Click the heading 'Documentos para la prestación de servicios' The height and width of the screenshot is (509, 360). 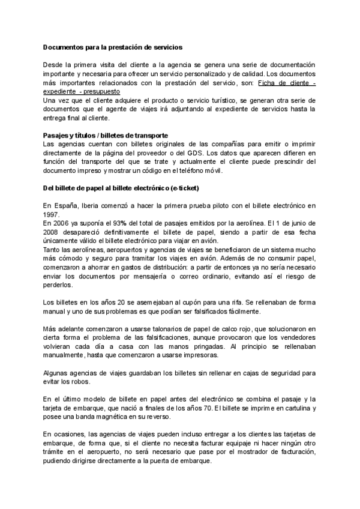113,46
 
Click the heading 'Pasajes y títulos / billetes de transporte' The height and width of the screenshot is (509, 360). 105,135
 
